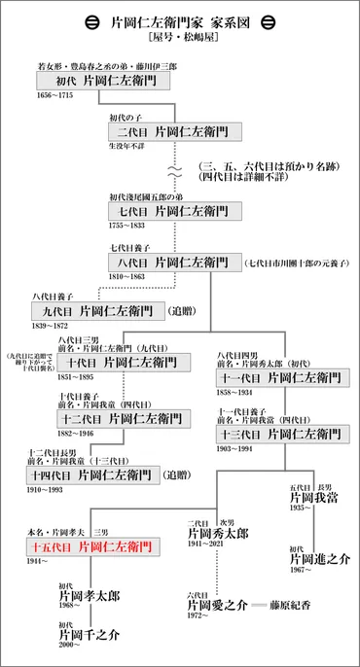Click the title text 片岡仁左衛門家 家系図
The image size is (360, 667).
point(180,22)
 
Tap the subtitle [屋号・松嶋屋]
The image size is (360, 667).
point(180,40)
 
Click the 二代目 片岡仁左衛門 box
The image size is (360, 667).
point(173,130)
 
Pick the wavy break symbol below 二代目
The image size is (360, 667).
point(175,169)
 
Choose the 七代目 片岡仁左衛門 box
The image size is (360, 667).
point(173,210)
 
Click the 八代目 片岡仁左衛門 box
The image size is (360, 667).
point(173,263)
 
